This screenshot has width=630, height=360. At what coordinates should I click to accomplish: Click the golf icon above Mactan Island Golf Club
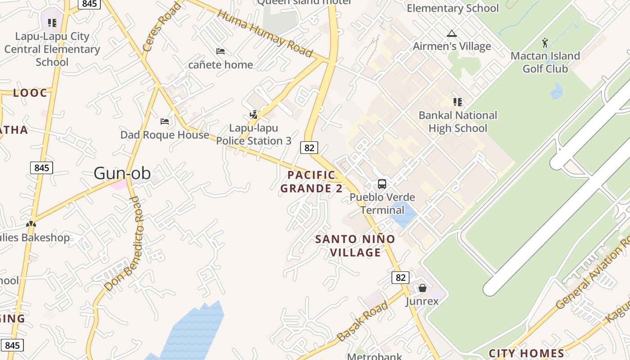click(545, 43)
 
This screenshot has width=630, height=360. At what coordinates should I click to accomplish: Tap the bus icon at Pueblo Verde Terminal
click(382, 184)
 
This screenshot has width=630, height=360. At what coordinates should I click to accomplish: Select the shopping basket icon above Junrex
click(422, 288)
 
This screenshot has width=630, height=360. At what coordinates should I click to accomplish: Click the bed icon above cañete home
click(220, 51)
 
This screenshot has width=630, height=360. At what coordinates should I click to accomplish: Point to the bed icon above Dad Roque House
click(165, 121)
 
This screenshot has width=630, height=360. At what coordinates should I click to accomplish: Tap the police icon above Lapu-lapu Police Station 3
click(254, 114)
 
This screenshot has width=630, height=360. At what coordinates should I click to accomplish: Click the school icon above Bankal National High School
click(458, 102)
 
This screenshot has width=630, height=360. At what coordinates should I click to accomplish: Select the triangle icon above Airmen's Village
click(451, 33)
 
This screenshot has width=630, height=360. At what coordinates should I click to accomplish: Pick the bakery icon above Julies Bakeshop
click(31, 224)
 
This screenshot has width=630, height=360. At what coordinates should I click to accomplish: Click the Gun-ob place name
click(122, 173)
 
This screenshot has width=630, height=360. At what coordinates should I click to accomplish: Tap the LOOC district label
click(30, 93)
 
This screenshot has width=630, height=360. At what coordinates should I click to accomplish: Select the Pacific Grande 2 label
click(311, 181)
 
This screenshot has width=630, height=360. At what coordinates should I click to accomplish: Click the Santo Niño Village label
click(355, 246)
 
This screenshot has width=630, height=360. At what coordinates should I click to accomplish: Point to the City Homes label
click(526, 353)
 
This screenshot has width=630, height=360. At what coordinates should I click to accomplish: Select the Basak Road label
click(362, 322)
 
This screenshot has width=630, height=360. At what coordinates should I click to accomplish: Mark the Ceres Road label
click(161, 27)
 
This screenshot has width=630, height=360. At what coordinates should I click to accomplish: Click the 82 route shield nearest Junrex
click(400, 277)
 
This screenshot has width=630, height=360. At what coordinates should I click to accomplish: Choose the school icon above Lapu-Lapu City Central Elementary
click(52, 22)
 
